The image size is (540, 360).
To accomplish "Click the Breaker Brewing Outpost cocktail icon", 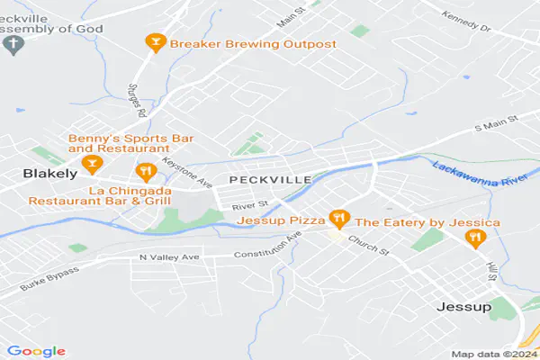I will click(x=155, y=42).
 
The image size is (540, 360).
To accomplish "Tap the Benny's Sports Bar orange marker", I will click(x=90, y=163).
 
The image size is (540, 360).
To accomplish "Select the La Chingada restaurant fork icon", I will click(x=144, y=171).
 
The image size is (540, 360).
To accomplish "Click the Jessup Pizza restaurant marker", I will click(x=338, y=219).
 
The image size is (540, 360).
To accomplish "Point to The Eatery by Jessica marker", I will click(x=474, y=237).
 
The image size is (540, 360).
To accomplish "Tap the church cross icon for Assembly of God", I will click(x=13, y=43).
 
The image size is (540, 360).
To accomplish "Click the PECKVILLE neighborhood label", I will click(x=270, y=180).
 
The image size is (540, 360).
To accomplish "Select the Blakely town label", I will click(x=40, y=171).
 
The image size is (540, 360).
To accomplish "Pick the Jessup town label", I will click(x=463, y=307).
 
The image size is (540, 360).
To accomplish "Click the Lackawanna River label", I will click(x=484, y=168).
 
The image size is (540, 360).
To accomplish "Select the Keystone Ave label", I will click(x=188, y=172).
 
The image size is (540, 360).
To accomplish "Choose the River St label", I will click(x=245, y=206).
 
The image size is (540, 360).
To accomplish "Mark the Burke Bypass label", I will click(x=49, y=279).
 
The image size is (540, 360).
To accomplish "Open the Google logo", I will click(x=36, y=350).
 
